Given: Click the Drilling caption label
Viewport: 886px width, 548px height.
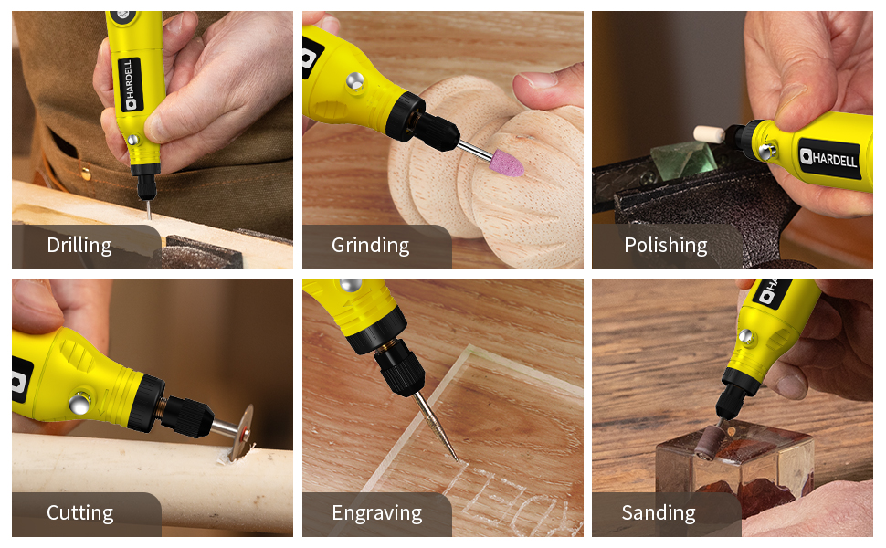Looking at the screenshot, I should coord(79,246).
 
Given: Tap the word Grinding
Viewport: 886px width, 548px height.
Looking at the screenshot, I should coord(370,246).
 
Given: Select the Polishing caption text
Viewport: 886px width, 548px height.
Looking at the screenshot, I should coord(665,246).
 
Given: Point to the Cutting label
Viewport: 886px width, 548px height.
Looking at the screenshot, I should coord(80,513).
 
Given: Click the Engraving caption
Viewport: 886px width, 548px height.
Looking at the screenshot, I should coord(376,513).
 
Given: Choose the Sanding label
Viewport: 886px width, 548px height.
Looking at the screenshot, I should coord(658,513).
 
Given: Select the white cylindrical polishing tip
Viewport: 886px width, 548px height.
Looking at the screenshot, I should coord(709,134).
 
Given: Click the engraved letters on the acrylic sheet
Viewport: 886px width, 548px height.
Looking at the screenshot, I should coord(521,498).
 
